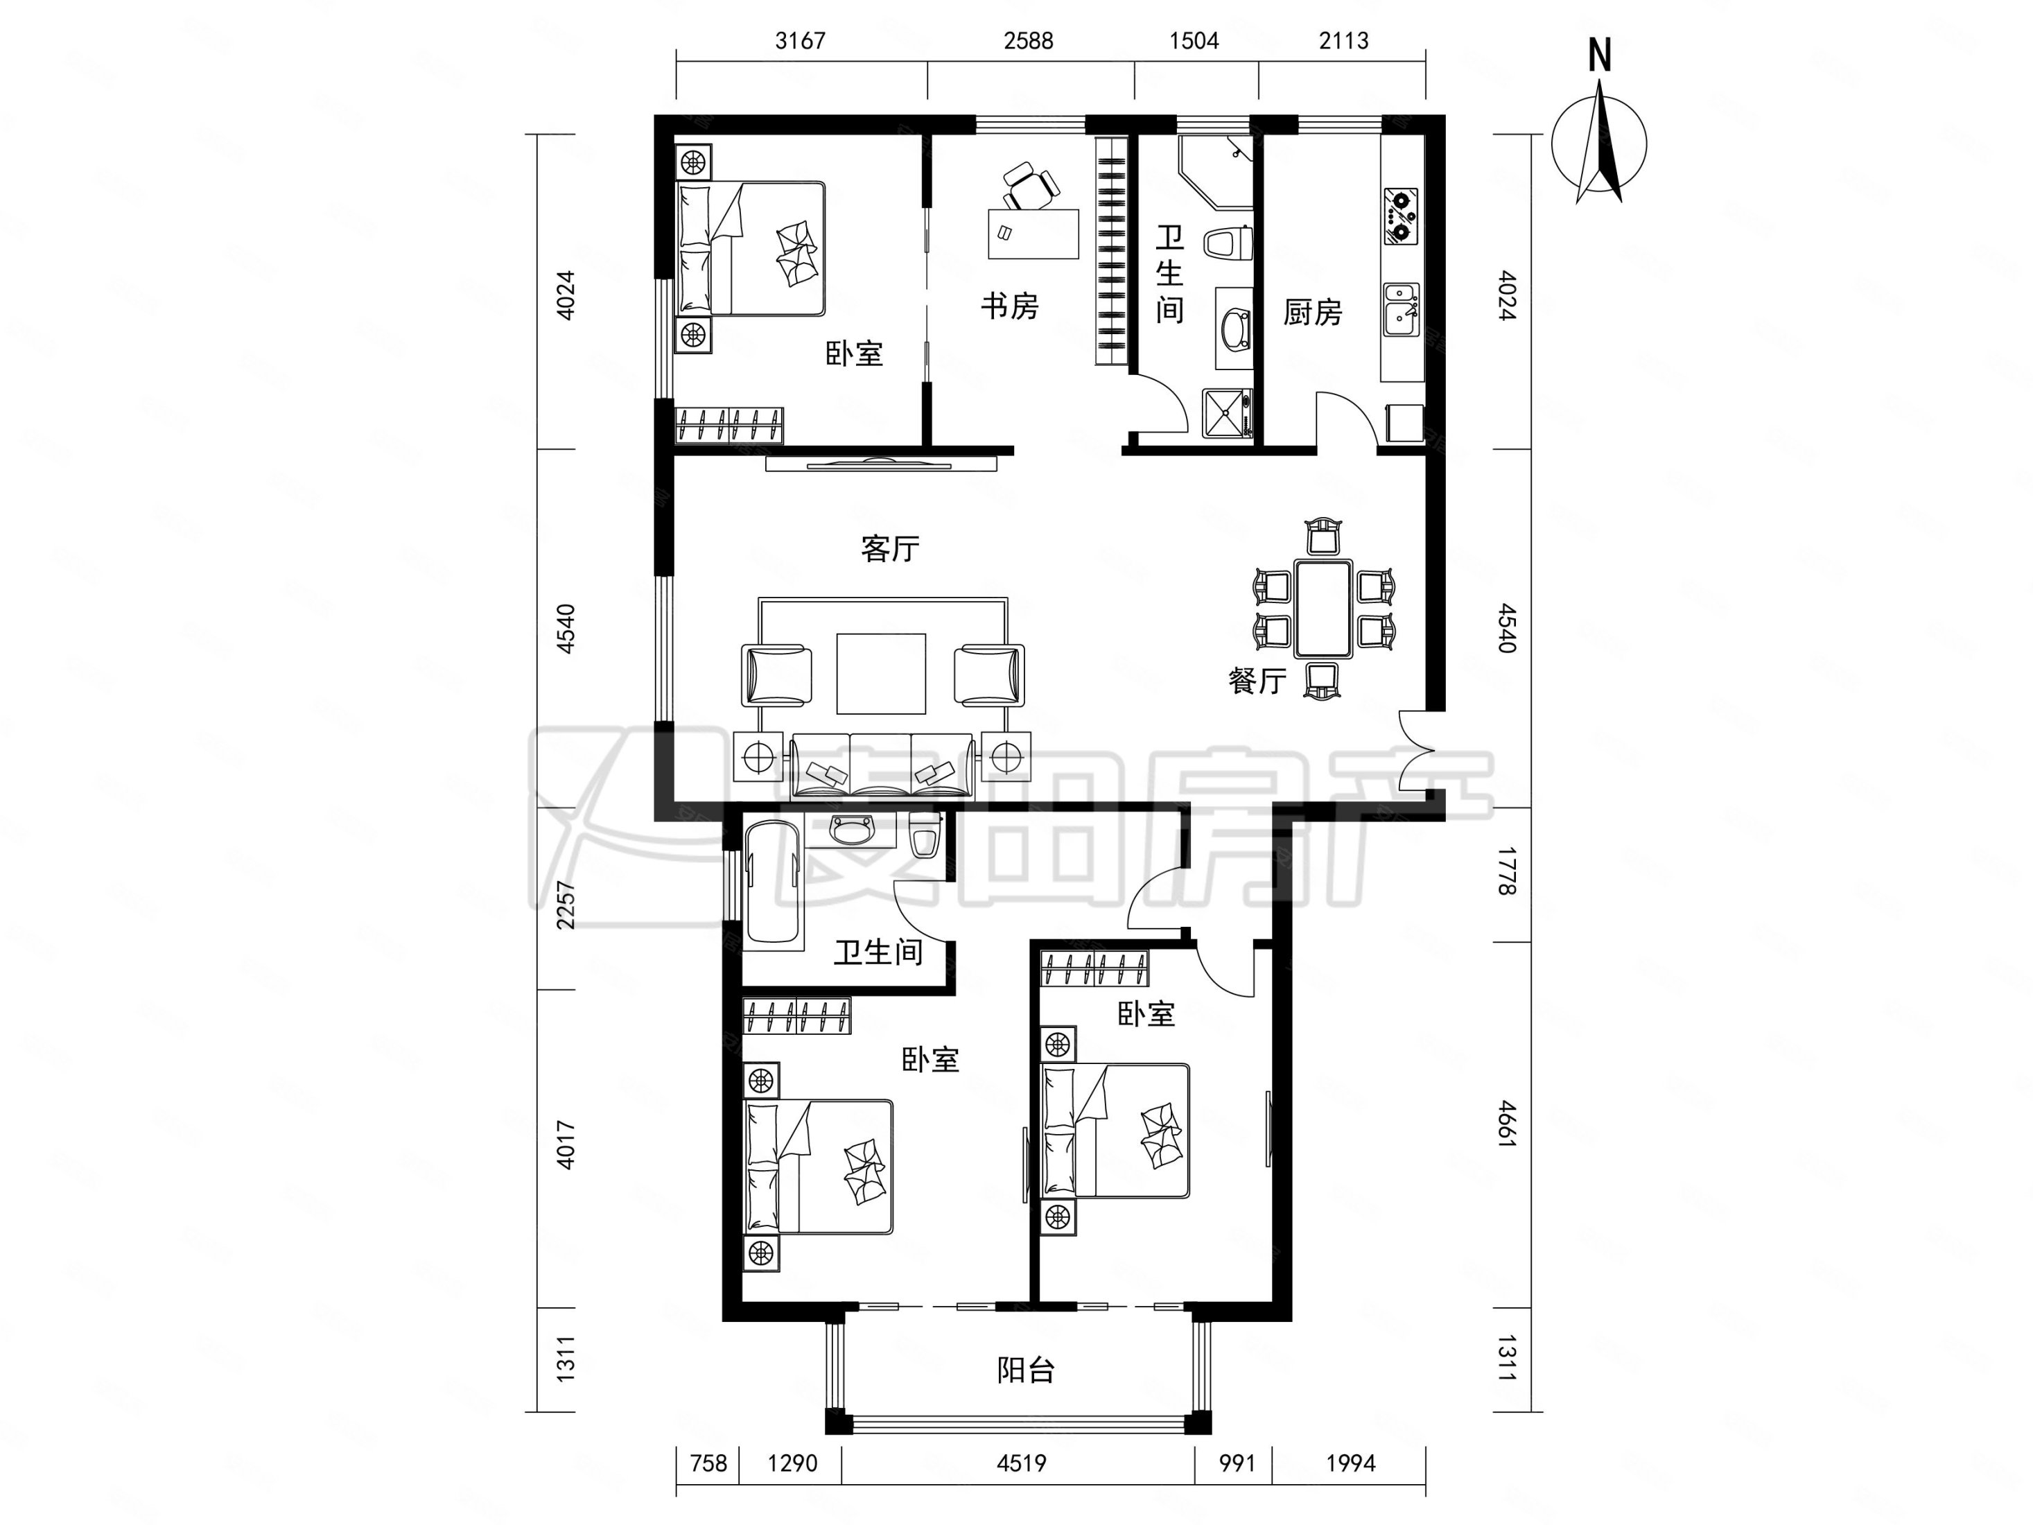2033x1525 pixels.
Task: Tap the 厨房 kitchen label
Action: [1312, 313]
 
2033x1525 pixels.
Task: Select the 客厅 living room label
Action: [890, 549]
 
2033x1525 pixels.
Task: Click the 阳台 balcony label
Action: [1026, 1370]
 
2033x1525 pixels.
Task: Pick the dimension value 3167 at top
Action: [801, 40]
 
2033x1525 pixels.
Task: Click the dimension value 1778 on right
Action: [1506, 871]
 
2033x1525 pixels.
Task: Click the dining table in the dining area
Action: [1323, 609]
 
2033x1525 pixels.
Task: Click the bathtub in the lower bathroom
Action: [773, 882]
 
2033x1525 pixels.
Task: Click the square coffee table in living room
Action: [880, 673]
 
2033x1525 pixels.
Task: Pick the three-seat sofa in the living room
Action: [882, 765]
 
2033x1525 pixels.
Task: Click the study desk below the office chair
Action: [1033, 234]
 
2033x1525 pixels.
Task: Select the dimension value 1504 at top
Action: [1194, 40]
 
